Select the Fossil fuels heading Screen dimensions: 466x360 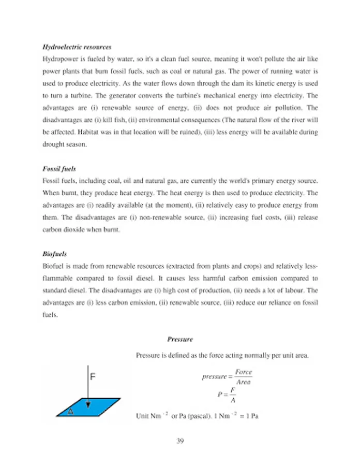click(59, 169)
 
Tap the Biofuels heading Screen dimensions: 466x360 click(54, 254)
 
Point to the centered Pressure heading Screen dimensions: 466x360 click(180, 339)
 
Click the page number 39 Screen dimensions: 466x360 click(180, 441)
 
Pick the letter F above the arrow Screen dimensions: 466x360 click(93, 377)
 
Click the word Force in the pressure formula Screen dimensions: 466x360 click(244, 372)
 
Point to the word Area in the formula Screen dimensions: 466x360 click(244, 382)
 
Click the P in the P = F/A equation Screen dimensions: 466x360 click(220, 395)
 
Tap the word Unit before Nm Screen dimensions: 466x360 click(142, 416)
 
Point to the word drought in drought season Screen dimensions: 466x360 click(53, 145)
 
